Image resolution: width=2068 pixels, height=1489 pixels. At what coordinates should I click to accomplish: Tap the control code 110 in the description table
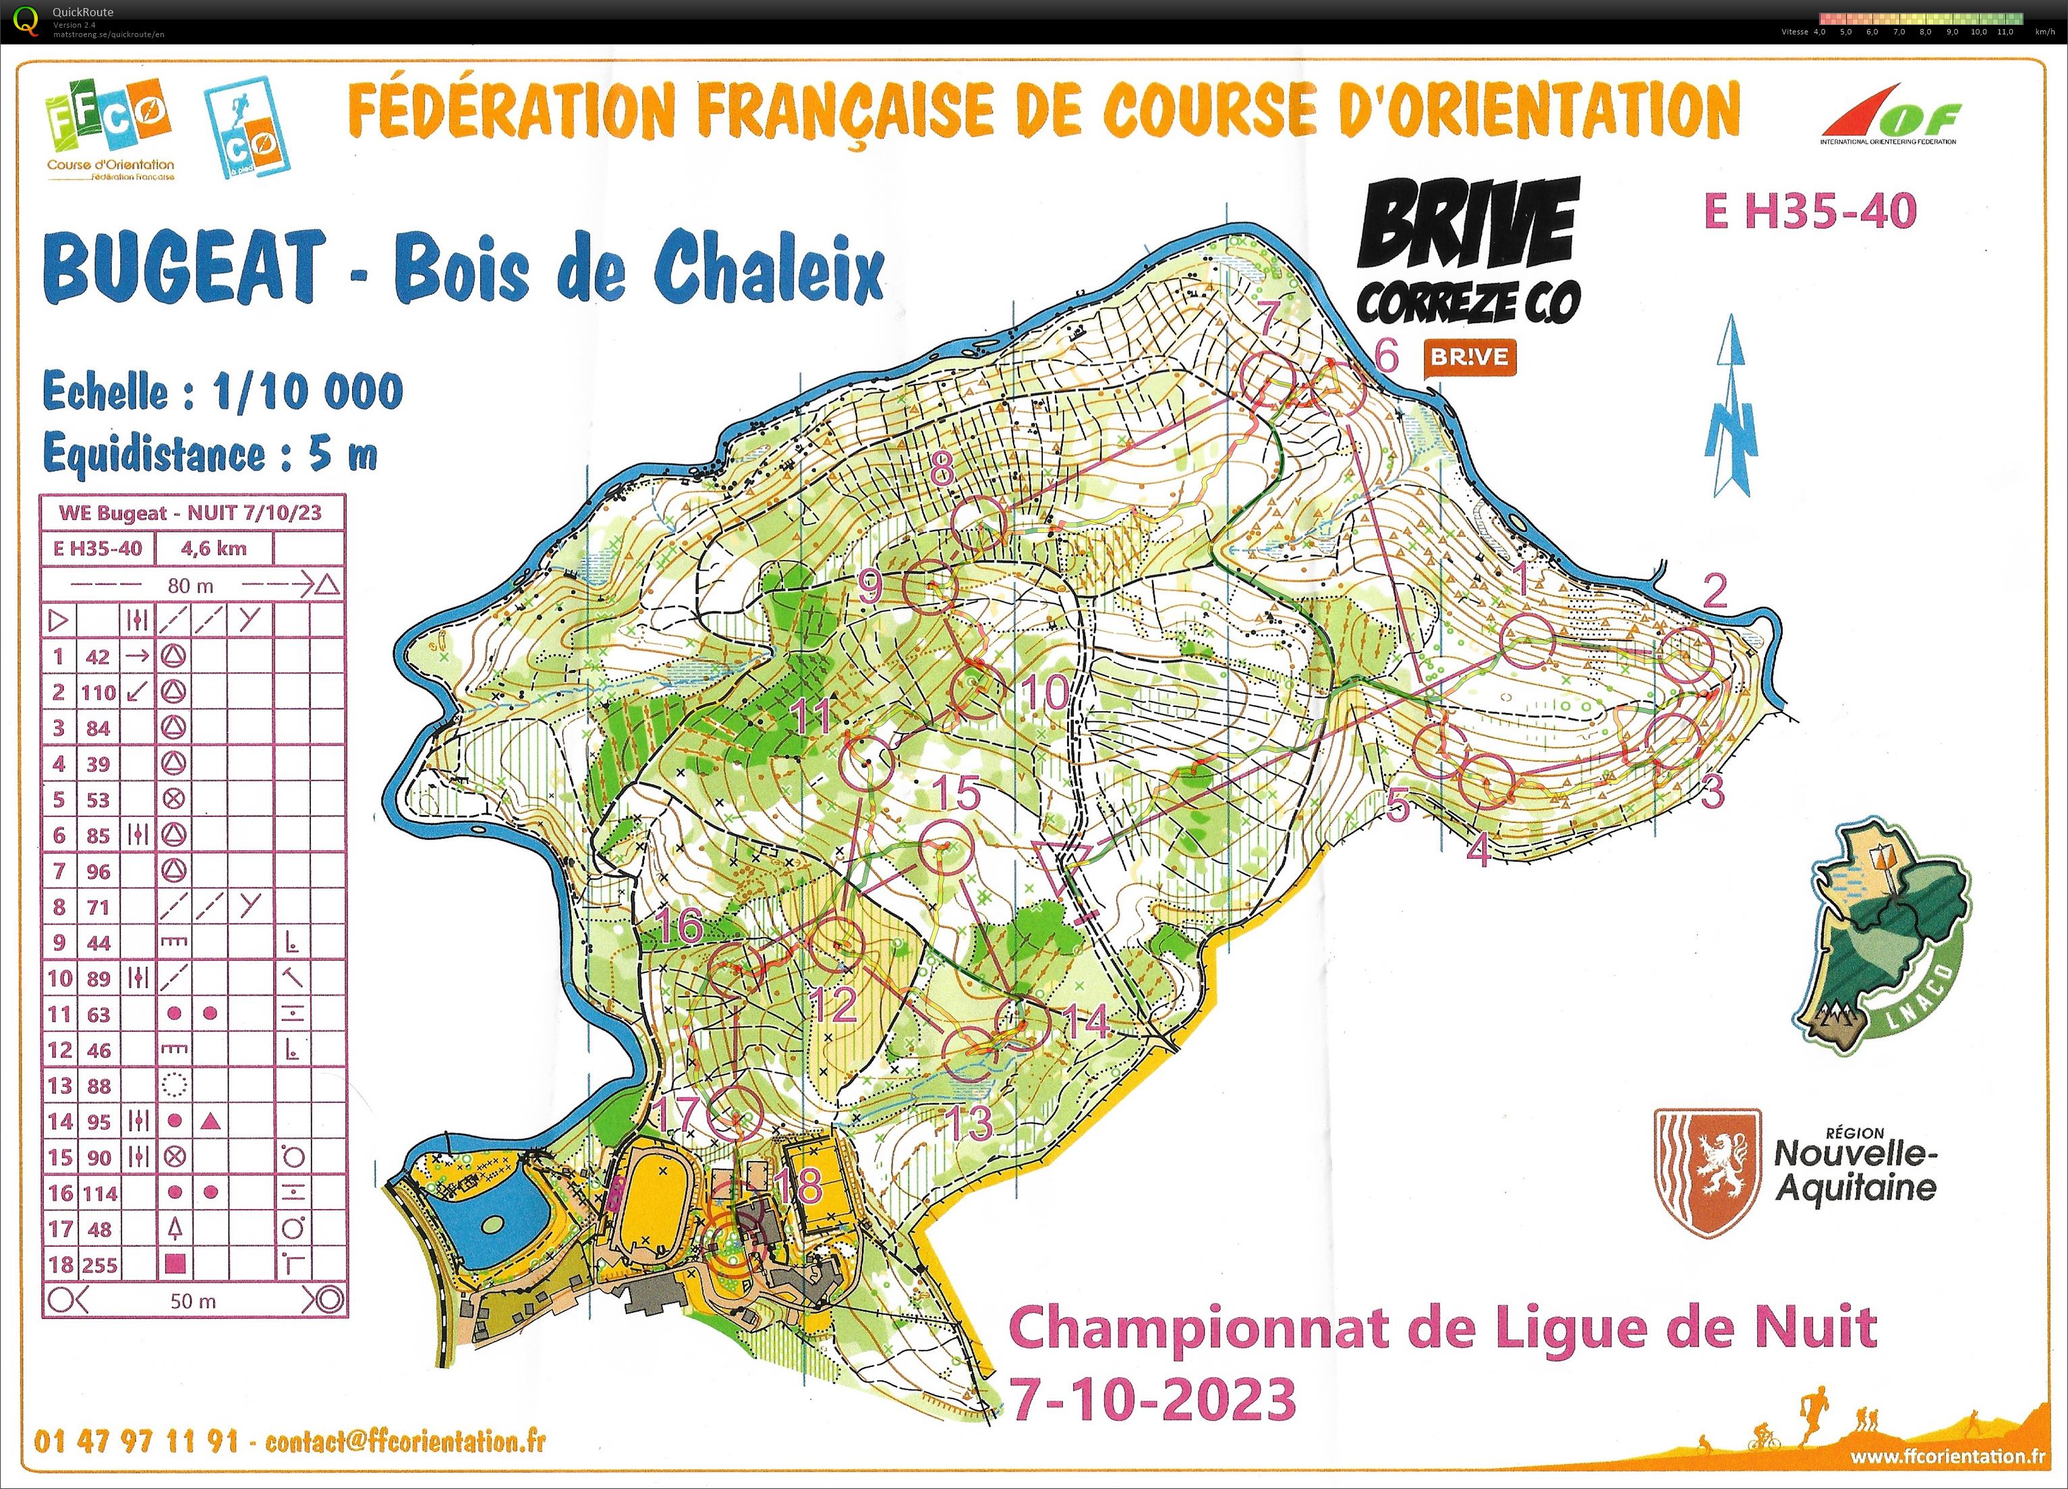98,692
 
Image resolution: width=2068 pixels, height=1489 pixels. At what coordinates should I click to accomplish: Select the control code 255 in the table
98,1265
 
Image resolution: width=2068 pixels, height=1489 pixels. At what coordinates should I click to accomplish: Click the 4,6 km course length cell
213,548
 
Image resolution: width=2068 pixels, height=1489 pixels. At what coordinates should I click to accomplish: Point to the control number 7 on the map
1267,316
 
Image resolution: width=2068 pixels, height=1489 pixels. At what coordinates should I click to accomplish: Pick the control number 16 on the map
680,926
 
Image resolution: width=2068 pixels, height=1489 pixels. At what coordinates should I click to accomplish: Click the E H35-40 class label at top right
1810,210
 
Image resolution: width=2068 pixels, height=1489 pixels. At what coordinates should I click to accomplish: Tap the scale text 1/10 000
308,392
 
